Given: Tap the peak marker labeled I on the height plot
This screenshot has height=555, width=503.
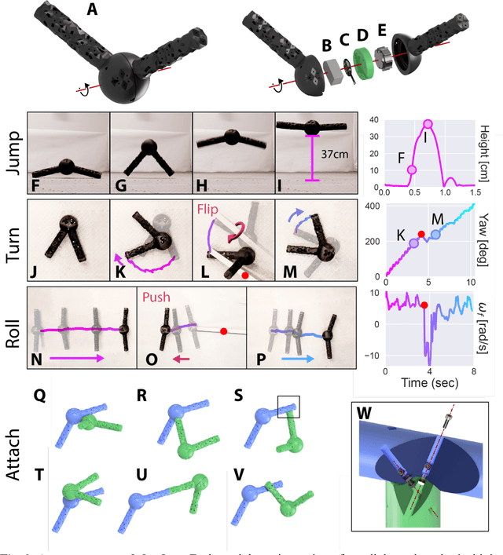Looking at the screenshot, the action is (428, 124).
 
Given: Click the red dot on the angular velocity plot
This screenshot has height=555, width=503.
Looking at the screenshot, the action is (424, 305).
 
